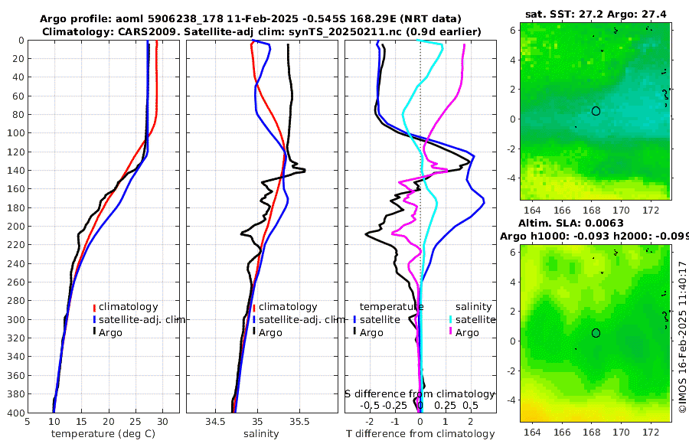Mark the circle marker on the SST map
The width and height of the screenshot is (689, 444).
[596, 110]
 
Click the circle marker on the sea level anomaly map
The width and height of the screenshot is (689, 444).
[596, 333]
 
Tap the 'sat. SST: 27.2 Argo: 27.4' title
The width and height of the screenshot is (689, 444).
[595, 14]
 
